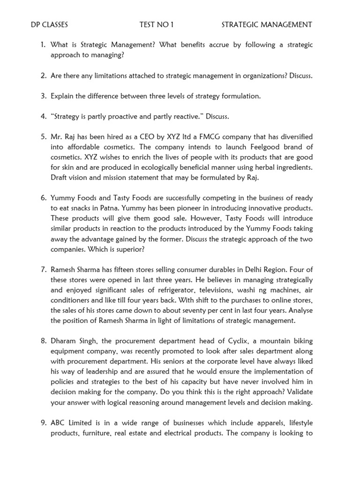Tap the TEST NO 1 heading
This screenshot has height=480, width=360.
coord(157,24)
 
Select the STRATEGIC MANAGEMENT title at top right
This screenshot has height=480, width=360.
coord(267,24)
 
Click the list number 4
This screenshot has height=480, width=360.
coord(43,116)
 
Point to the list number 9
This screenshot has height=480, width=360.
coord(43,423)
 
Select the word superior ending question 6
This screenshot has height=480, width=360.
coord(127,249)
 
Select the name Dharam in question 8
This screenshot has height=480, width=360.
coord(63,341)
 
